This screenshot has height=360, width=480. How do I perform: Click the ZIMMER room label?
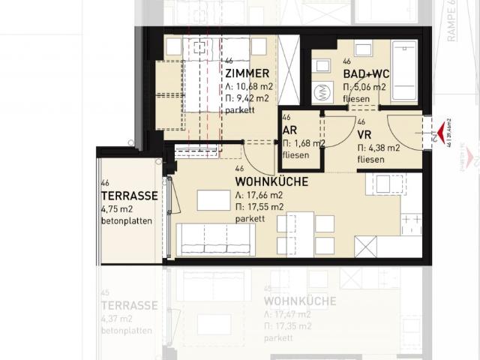pos(247,73)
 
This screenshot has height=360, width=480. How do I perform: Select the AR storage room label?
pos(289,130)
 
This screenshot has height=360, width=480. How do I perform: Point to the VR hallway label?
pos(364,134)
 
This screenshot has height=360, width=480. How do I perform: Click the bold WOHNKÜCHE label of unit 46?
pos(271,182)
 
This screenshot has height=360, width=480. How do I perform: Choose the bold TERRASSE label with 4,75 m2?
pos(128,196)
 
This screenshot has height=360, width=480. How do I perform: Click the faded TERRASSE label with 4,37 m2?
pos(128,305)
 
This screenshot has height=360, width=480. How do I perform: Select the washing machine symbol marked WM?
pos(322,93)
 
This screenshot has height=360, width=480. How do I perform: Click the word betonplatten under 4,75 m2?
pos(127,221)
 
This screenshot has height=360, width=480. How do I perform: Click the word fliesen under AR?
pos(295,156)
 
